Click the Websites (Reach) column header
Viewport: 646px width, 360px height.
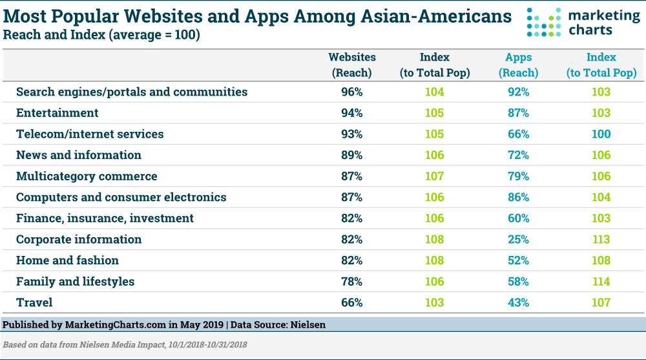point(352,65)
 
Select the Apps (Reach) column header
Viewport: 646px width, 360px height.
point(518,65)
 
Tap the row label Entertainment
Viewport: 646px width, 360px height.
point(57,113)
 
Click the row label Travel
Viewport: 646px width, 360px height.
point(34,302)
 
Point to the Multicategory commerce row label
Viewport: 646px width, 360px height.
point(87,176)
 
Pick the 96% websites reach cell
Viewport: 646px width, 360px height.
point(352,92)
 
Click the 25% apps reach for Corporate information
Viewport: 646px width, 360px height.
point(518,239)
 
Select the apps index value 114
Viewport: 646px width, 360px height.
point(601,281)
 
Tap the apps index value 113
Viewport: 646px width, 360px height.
point(601,239)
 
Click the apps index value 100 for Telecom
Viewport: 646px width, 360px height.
point(601,134)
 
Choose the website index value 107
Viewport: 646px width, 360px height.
point(434,176)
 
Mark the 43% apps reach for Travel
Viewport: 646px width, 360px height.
point(518,302)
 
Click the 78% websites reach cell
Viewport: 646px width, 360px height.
point(352,281)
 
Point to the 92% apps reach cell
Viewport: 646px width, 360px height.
point(518,92)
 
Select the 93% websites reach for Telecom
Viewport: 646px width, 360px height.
point(352,134)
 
